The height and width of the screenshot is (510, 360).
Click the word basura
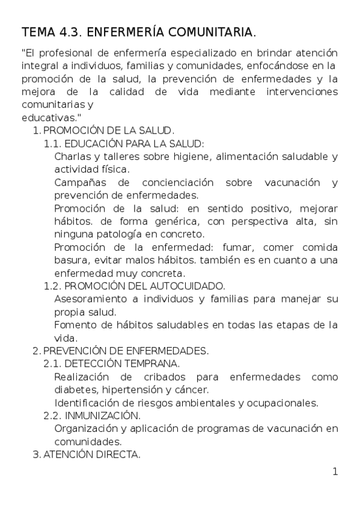pyautogui.click(x=70, y=260)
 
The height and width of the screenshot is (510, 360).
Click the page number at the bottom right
pyautogui.click(x=335, y=471)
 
